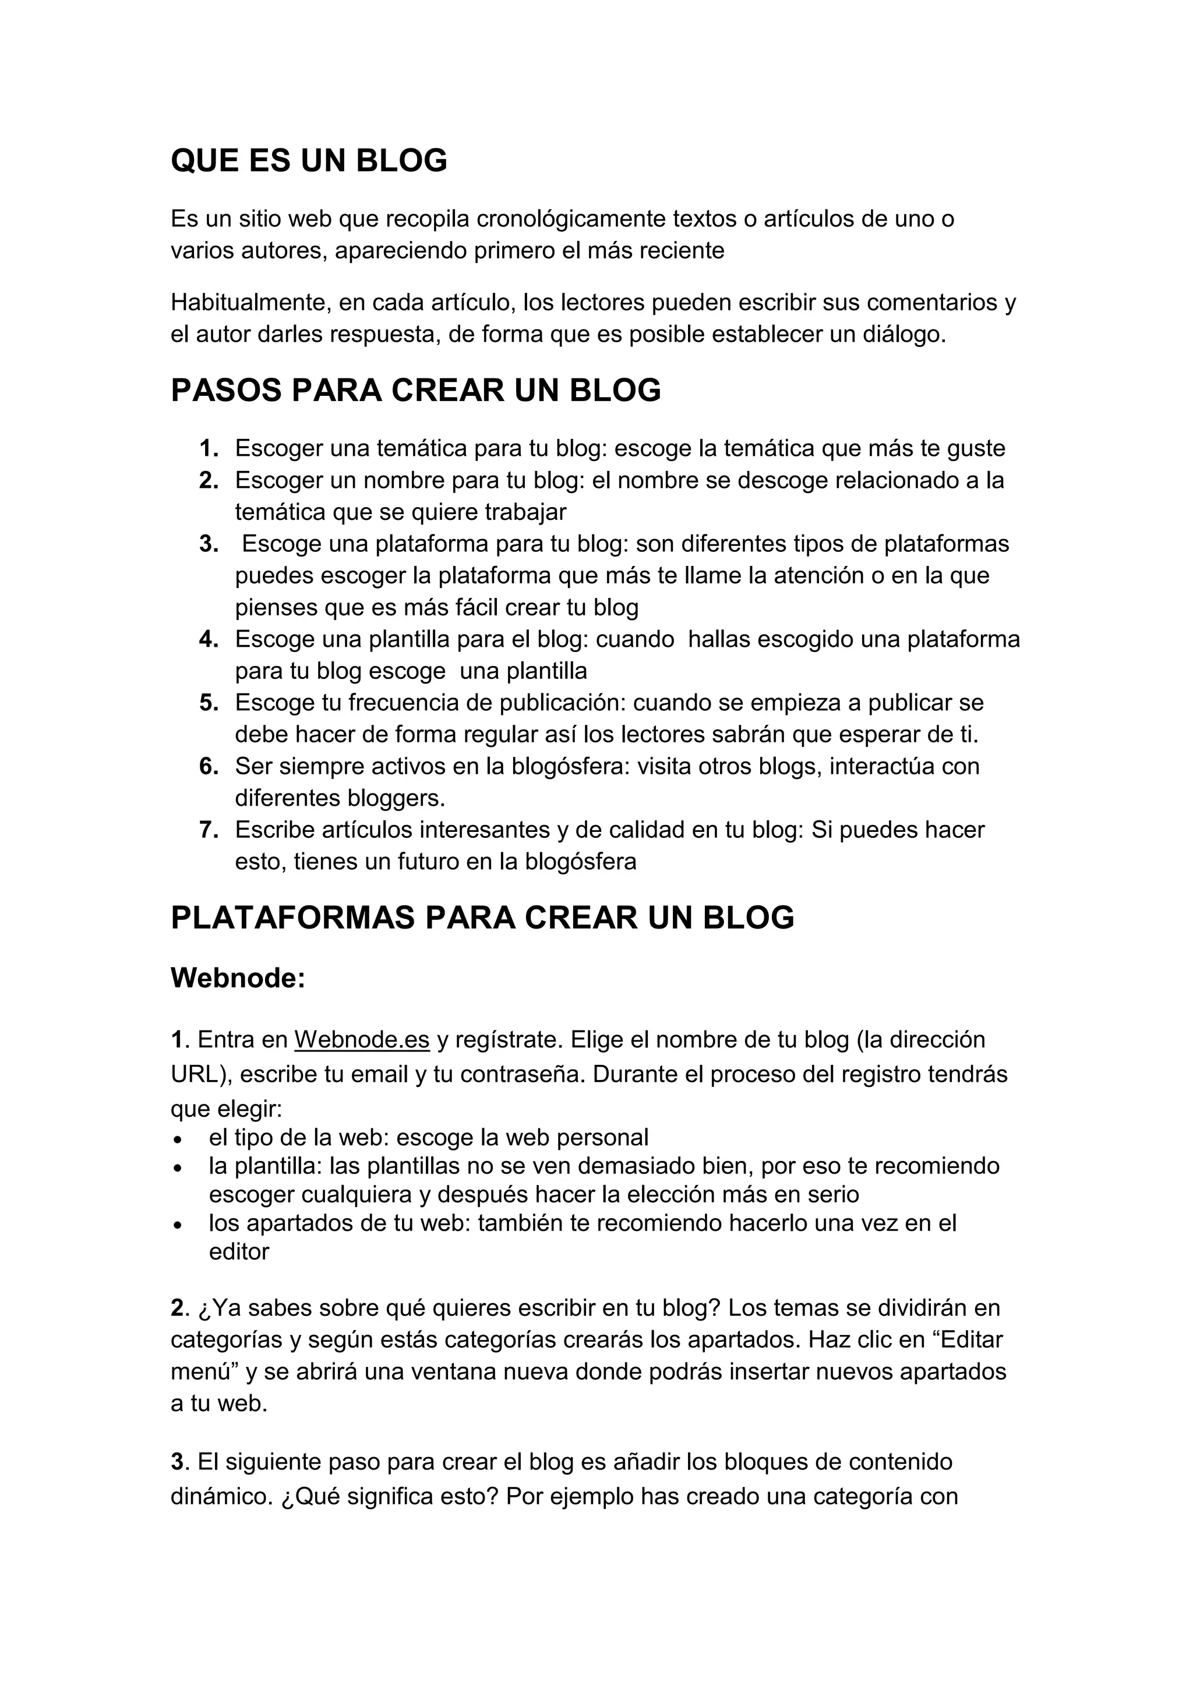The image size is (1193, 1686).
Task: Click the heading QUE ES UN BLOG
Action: tap(309, 161)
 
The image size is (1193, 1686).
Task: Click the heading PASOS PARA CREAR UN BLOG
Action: tap(416, 390)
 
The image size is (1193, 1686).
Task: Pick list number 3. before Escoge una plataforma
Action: tap(209, 544)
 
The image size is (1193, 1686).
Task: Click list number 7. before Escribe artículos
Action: tap(209, 830)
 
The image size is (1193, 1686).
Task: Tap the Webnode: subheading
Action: tap(237, 977)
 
